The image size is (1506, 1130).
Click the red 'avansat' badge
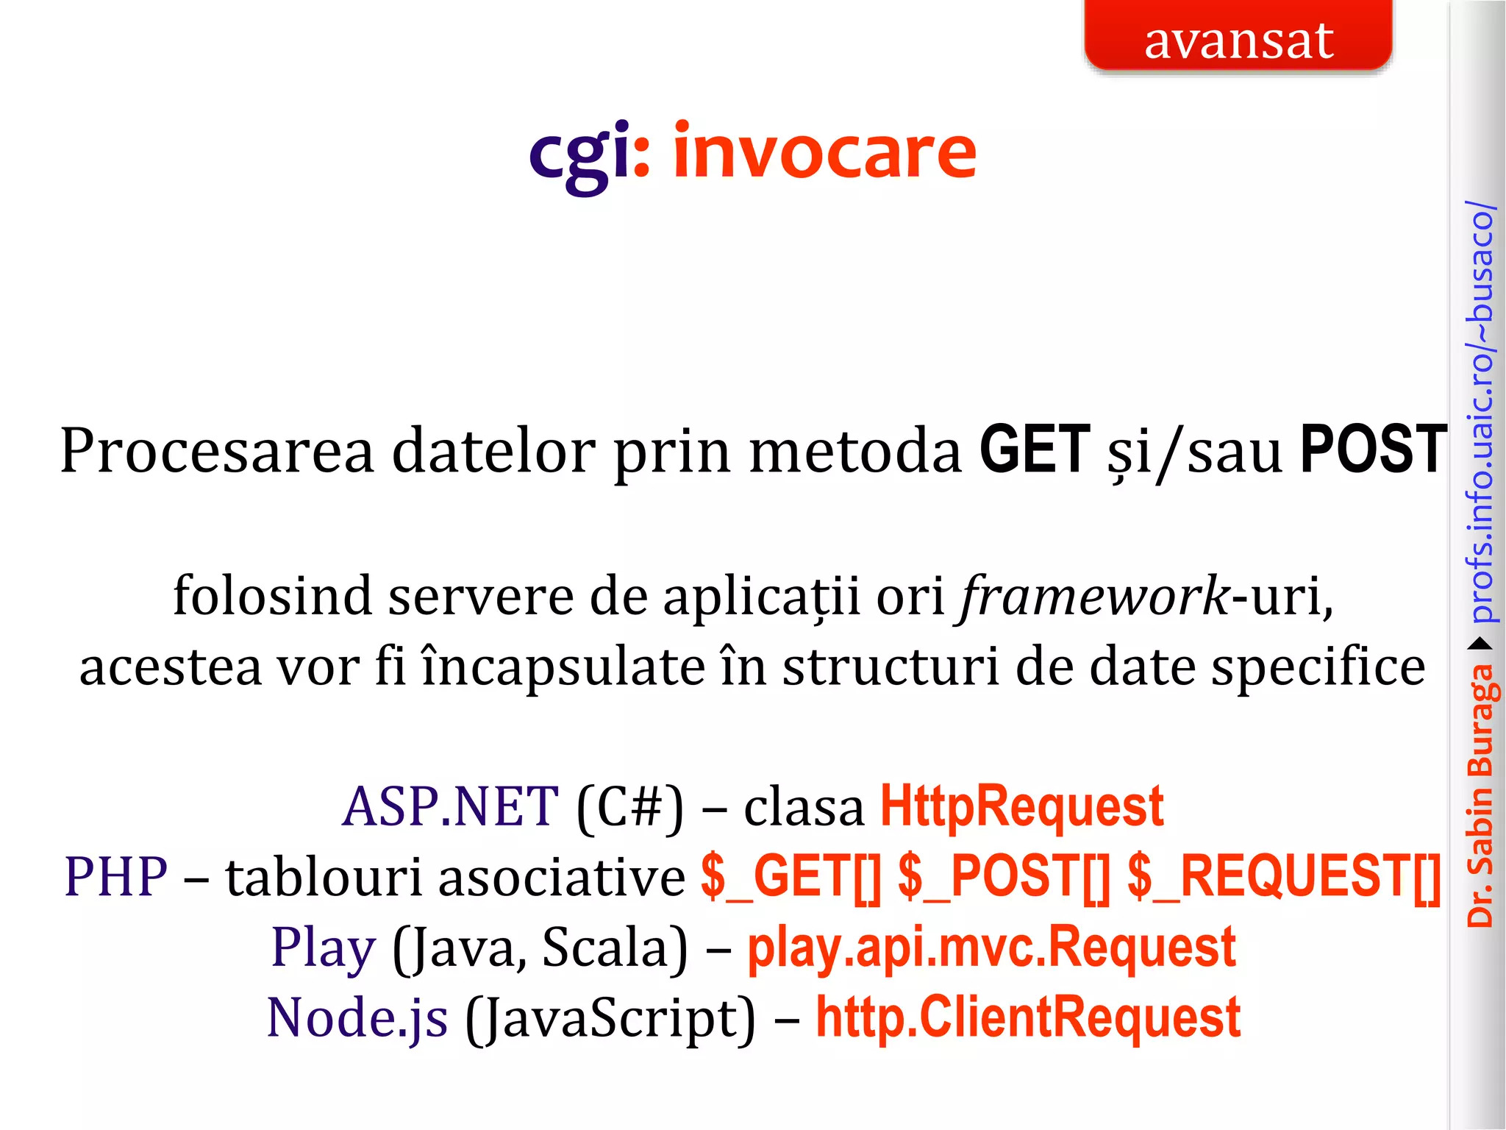(1238, 37)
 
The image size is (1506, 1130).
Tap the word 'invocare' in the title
(824, 152)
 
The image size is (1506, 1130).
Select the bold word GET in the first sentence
(1035, 449)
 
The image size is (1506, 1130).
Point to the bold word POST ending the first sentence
(1373, 449)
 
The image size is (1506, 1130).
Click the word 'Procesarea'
(217, 451)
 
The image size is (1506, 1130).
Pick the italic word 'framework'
(1095, 597)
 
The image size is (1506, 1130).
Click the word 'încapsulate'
(562, 667)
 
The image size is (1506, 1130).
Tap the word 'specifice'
(1318, 668)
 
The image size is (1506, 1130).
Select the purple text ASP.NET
(450, 807)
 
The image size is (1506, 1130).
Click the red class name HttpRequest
(1021, 807)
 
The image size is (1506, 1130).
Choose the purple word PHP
(115, 877)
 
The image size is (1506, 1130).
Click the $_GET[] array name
(791, 877)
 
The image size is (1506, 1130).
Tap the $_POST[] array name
(1004, 877)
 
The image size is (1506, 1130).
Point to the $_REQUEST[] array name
(1284, 877)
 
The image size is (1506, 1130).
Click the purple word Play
(324, 948)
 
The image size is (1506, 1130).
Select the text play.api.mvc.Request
(991, 948)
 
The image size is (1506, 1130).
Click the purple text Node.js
(357, 1017)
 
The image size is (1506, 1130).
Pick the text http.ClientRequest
(1028, 1017)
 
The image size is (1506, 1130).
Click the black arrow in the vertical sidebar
(1480, 644)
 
